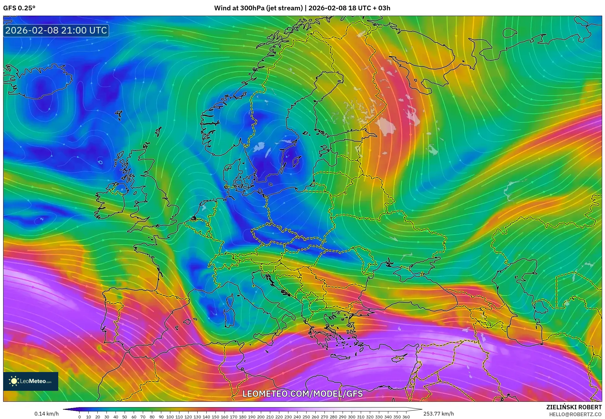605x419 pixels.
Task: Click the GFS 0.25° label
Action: [19, 8]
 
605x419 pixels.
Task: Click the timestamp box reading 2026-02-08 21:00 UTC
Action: [56, 30]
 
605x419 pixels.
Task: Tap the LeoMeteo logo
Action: [31, 381]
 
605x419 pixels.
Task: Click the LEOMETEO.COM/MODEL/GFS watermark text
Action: [302, 394]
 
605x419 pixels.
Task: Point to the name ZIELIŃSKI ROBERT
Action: [574, 407]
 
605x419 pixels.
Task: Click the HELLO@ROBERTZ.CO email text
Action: [575, 414]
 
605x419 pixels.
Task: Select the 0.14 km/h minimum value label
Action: [46, 414]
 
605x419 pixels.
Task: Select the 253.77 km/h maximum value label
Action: [438, 414]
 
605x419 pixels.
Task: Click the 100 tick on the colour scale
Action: [170, 416]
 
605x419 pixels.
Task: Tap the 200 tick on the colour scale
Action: [261, 416]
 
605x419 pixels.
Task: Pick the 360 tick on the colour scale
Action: [406, 416]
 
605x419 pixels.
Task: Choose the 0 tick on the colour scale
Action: [80, 416]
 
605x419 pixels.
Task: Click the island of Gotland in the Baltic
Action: [296, 162]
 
